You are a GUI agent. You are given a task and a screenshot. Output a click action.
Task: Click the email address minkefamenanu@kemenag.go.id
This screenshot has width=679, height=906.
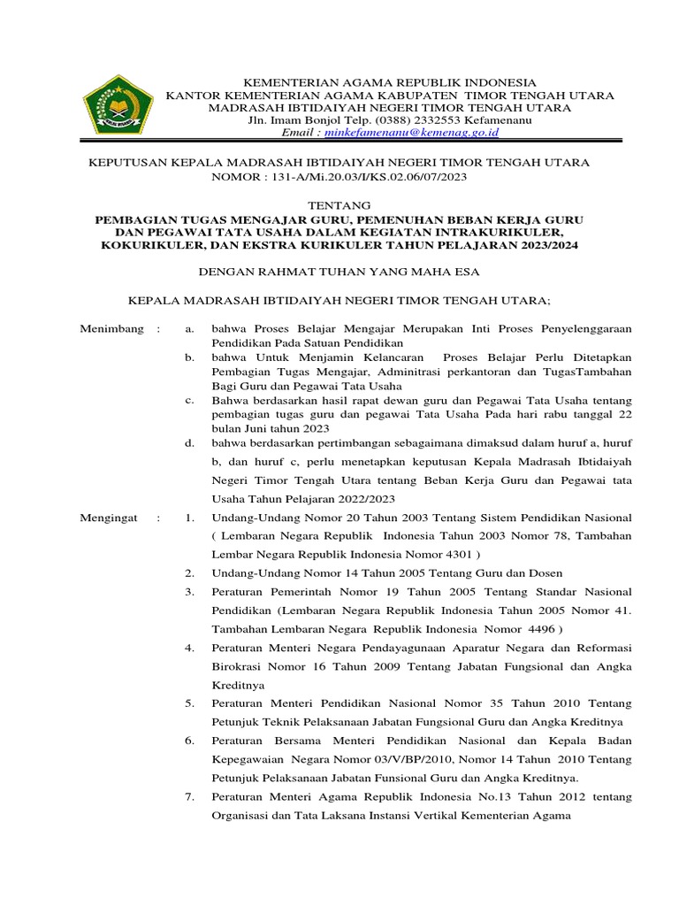pos(412,132)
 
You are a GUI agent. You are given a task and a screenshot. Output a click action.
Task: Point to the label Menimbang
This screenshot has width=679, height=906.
pos(112,328)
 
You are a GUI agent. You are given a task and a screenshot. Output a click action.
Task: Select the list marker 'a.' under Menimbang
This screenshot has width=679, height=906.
pos(189,328)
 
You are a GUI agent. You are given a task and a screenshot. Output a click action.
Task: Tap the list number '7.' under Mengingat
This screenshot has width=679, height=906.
pos(189,797)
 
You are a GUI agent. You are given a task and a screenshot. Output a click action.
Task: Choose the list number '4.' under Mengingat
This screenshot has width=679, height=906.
pos(189,648)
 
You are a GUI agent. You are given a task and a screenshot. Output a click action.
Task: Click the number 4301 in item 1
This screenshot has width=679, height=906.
pos(456,554)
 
